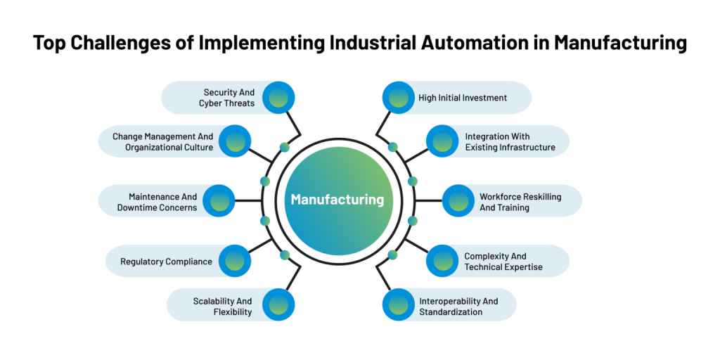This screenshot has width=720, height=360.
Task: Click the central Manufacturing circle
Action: [x=337, y=200]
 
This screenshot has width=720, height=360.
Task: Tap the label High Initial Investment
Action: [x=462, y=98]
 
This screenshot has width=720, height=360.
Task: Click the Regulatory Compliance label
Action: [x=166, y=262]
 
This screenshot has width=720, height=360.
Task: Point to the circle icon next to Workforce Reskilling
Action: [x=458, y=202]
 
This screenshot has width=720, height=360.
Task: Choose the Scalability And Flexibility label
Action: [x=222, y=307]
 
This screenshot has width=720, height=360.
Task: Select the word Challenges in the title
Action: [x=125, y=43]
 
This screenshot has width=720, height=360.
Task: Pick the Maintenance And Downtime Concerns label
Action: [x=162, y=202]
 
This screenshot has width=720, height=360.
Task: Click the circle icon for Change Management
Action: [x=235, y=141]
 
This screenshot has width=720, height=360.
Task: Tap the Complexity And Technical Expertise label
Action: [x=503, y=262]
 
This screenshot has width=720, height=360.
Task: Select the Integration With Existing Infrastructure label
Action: [x=510, y=141]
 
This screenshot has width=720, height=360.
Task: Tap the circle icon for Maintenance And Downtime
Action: [x=219, y=202]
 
